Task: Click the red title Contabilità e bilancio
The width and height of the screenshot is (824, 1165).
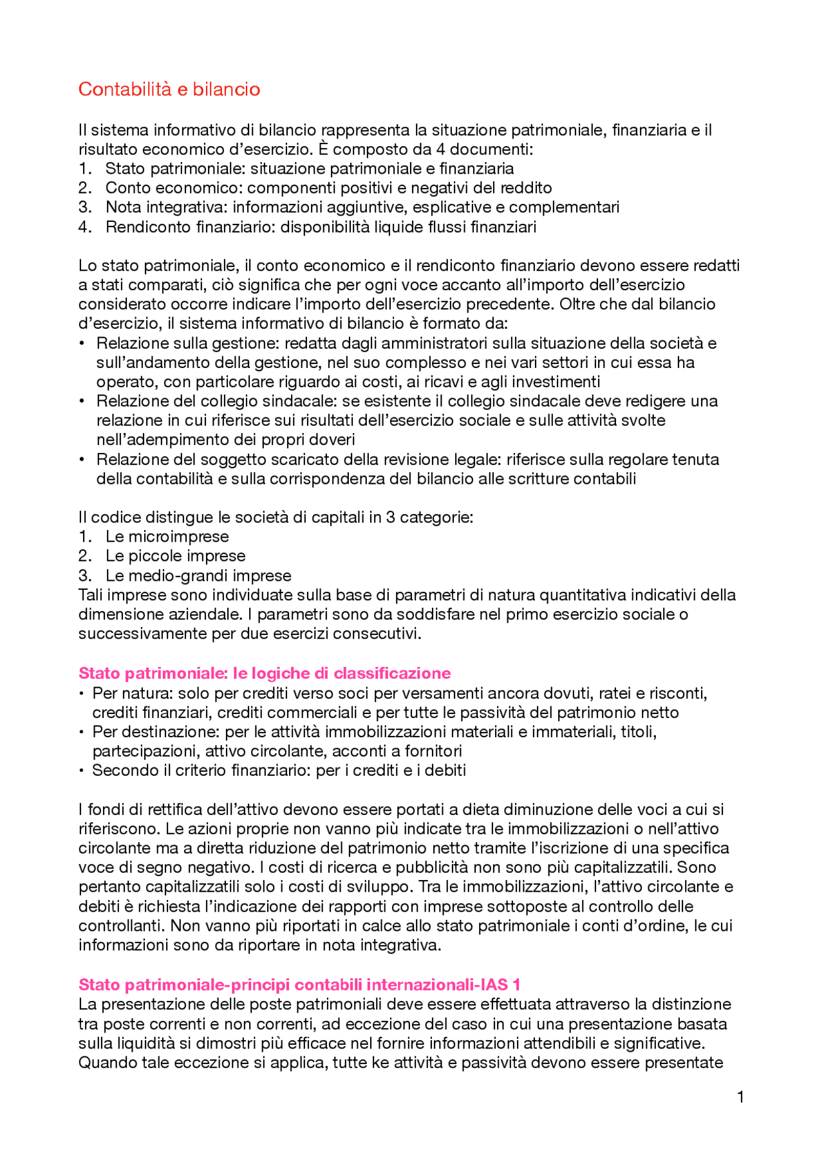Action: [x=169, y=89]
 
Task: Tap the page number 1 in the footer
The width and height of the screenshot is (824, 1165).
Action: [x=740, y=1097]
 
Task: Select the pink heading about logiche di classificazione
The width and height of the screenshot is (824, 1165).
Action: [x=264, y=673]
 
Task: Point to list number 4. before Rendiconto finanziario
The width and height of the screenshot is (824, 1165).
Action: [x=85, y=227]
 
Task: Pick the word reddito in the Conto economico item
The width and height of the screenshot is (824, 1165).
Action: [x=527, y=188]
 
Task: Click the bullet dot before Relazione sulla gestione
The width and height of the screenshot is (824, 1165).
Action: [x=82, y=343]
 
